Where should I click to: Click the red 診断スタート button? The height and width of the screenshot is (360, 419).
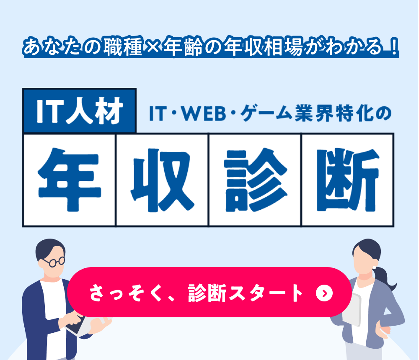click(x=209, y=292)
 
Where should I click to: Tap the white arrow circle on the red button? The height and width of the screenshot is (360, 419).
click(x=324, y=293)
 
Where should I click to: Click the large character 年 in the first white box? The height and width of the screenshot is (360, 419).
click(x=70, y=180)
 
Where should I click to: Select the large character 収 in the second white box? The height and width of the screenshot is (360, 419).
click(x=162, y=180)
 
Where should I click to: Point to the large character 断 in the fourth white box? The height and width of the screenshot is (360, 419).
click(x=348, y=180)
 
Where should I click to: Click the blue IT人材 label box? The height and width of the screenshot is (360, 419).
click(x=80, y=111)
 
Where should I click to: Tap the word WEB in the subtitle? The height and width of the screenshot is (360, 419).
click(x=204, y=113)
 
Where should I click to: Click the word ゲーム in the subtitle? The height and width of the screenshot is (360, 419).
click(x=266, y=113)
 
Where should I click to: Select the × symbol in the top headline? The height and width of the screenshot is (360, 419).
click(x=153, y=46)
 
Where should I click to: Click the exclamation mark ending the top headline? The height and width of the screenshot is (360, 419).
click(x=393, y=47)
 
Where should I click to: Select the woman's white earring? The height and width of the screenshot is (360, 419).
click(x=374, y=267)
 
